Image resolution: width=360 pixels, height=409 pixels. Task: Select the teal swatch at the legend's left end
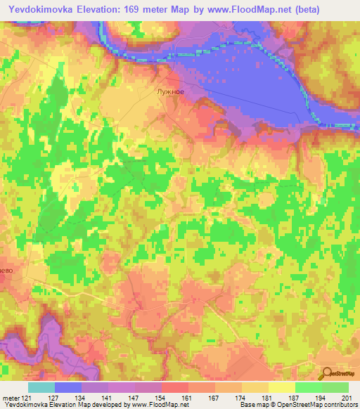[41, 387]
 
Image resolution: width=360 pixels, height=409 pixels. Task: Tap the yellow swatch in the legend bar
[282, 387]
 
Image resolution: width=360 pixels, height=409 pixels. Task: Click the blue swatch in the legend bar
[68, 387]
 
